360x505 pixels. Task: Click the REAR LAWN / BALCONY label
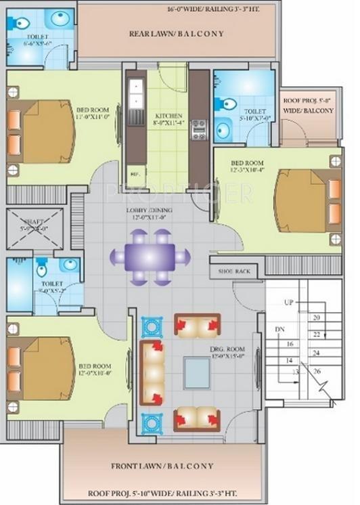click(x=177, y=33)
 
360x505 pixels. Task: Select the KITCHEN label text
click(x=165, y=115)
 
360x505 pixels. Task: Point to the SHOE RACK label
click(x=234, y=271)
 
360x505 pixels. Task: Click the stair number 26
click(x=317, y=371)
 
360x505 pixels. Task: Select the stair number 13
click(x=295, y=372)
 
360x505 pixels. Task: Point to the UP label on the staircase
click(x=289, y=302)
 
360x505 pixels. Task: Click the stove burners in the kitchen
click(x=199, y=129)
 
